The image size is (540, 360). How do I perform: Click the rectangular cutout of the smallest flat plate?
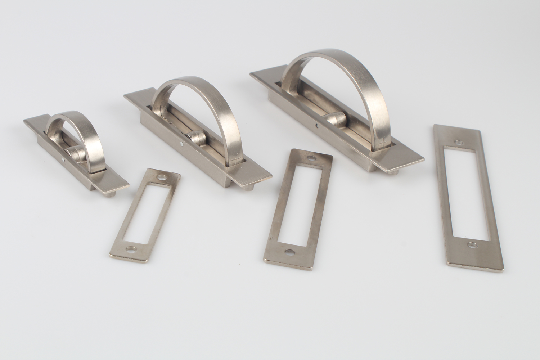click(148, 212)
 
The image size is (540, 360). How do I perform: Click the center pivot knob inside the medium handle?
click(195, 137)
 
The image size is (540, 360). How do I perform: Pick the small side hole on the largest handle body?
click(317, 126)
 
